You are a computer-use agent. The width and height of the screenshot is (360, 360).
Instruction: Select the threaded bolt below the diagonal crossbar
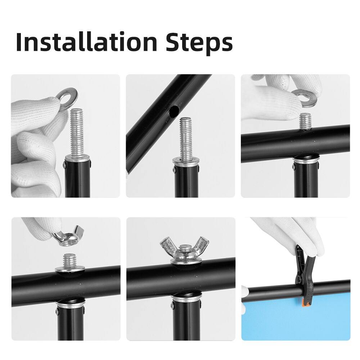(186, 139)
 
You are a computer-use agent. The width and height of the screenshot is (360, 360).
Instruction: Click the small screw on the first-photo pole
(64, 165)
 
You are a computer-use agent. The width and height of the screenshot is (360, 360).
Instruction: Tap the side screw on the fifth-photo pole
(172, 306)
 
